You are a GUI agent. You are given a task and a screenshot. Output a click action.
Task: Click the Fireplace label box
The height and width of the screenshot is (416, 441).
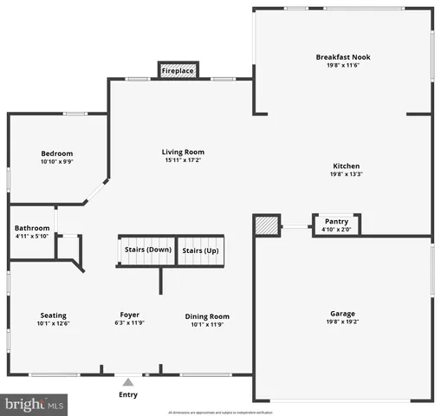(x=178, y=70)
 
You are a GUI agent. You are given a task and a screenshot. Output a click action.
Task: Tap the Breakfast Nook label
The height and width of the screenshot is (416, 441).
(x=342, y=57)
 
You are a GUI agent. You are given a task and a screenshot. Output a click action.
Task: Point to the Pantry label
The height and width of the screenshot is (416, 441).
(x=336, y=221)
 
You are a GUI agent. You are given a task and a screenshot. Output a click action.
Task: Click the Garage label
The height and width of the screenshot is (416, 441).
(x=342, y=314)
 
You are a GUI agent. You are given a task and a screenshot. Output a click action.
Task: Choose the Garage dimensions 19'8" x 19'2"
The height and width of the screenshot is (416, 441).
(x=342, y=322)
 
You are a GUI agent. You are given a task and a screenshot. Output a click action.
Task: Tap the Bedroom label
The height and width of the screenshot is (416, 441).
(x=57, y=153)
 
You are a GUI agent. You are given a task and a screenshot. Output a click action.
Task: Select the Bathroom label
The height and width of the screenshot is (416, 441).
(x=32, y=229)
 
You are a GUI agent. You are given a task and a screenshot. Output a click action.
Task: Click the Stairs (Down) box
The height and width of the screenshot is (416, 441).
(x=146, y=250)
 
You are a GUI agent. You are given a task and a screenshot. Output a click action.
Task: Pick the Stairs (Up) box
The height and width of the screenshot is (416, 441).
(x=200, y=250)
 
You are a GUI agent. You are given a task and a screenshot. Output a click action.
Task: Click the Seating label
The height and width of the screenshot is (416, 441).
(x=53, y=315)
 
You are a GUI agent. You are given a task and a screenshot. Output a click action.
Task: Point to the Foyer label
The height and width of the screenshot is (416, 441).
(x=129, y=315)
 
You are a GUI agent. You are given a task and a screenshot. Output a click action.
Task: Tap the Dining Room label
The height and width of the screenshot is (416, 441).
(x=207, y=316)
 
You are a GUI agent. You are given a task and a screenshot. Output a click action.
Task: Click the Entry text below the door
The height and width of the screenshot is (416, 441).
(x=127, y=395)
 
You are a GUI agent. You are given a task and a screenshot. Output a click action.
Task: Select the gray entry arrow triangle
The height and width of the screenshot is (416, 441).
(x=128, y=380)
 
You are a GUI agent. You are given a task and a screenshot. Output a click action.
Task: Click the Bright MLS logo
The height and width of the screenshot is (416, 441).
(x=35, y=404)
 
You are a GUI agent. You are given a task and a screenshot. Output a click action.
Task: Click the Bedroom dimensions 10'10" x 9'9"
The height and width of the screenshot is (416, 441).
(x=57, y=161)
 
